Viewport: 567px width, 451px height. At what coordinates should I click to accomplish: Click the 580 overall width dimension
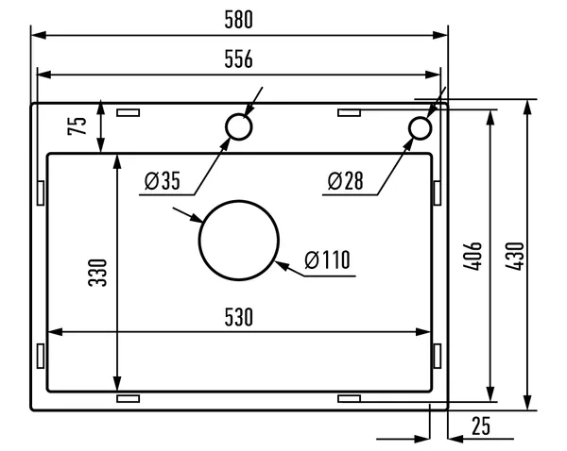coord(239,20)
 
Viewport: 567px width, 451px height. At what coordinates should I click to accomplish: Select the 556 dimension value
coord(239,58)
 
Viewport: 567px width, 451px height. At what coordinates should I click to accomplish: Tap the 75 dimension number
coord(77,125)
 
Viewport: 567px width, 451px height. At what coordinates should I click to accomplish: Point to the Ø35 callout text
coord(162,180)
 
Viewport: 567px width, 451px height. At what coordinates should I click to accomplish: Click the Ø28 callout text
coord(345,180)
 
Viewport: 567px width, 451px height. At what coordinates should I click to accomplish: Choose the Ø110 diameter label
coord(327,259)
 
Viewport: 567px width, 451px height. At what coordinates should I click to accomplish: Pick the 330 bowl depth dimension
coord(97,273)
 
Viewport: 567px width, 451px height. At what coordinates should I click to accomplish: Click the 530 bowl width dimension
coord(239,317)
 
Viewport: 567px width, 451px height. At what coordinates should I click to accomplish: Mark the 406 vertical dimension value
coord(472,256)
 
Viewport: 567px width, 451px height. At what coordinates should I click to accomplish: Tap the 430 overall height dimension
coord(515,256)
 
